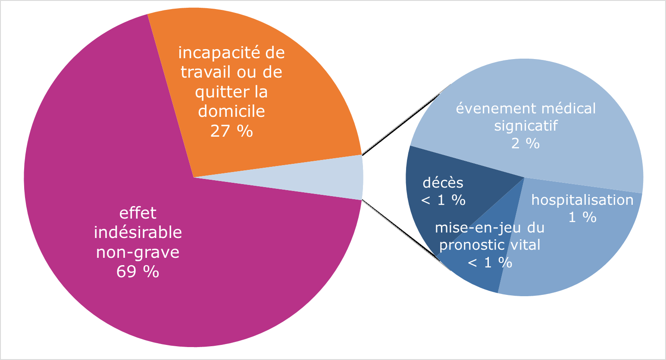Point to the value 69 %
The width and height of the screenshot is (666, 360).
(x=138, y=272)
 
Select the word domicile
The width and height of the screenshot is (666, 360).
(x=231, y=111)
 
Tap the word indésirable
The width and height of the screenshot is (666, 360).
(x=138, y=233)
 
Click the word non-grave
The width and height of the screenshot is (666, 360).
(x=138, y=252)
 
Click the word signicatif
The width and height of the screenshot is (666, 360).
(x=525, y=126)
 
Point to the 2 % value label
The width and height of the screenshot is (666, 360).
(x=525, y=144)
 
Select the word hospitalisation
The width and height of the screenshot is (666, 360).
(x=582, y=200)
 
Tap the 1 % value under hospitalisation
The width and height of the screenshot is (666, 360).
(x=582, y=217)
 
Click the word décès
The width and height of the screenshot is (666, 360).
(x=443, y=183)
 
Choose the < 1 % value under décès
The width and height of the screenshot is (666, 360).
(x=443, y=200)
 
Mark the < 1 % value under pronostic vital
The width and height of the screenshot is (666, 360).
(x=490, y=263)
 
